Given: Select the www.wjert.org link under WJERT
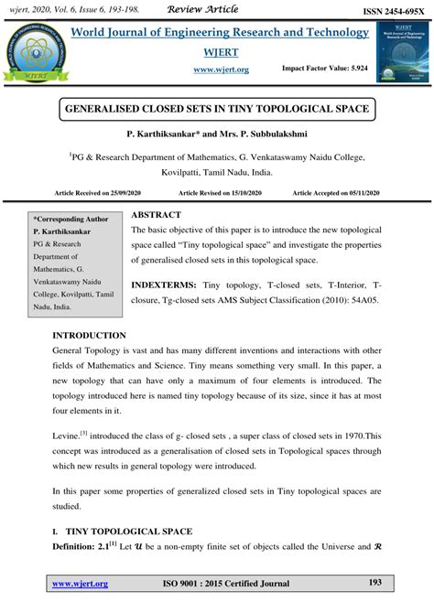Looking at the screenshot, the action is [222, 69].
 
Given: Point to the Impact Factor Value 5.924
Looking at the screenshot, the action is [324, 69].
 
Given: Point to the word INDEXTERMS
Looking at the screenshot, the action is [167, 285].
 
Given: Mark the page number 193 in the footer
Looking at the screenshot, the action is [374, 583].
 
